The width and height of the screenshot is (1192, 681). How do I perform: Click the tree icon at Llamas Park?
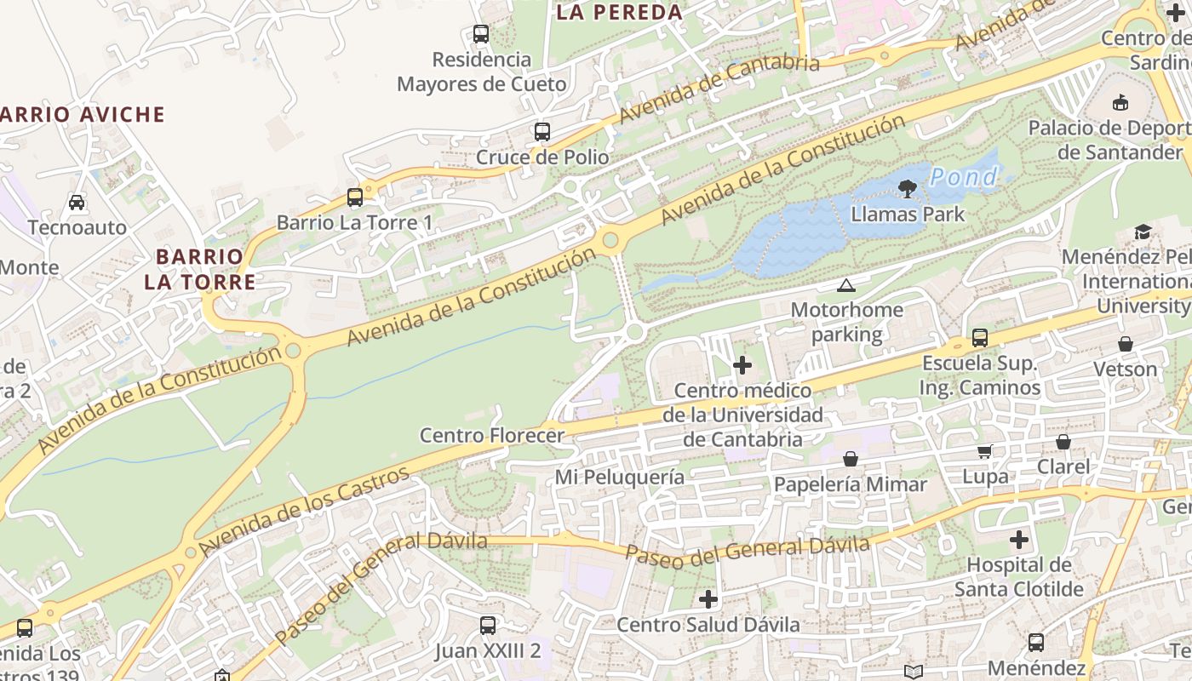tap(908, 189)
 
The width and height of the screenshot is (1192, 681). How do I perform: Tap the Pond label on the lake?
tap(963, 177)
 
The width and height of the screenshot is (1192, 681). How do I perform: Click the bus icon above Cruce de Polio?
tap(542, 132)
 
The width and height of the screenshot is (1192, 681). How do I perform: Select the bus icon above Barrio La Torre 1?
tap(355, 197)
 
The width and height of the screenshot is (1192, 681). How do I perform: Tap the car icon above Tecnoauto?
tap(77, 203)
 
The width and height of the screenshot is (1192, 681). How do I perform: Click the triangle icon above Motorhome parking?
tap(845, 285)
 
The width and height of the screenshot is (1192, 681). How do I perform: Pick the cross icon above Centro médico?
tap(742, 365)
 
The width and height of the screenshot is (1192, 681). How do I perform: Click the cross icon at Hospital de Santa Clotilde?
tap(1019, 540)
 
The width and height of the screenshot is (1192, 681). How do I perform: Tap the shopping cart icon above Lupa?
tap(984, 452)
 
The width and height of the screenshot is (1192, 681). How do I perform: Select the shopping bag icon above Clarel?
tap(1063, 442)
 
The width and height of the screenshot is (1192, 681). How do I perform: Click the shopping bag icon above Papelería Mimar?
tap(850, 460)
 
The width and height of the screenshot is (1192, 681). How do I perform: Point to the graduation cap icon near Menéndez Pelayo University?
tap(1143, 232)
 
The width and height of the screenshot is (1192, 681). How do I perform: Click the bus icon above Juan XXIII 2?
tap(487, 626)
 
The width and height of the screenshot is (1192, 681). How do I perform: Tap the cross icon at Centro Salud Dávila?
tap(708, 599)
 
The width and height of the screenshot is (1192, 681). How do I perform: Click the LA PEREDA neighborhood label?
tap(619, 12)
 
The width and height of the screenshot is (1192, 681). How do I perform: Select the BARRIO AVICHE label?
tap(82, 115)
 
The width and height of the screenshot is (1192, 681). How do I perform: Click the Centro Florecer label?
tap(492, 436)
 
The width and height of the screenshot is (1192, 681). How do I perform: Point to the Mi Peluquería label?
tap(620, 477)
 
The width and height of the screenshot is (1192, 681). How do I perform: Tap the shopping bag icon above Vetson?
tap(1126, 344)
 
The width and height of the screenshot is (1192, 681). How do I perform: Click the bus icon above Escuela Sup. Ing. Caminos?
tap(980, 338)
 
